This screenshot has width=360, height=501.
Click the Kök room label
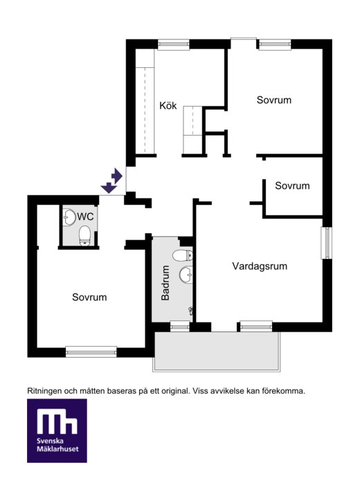(168, 105)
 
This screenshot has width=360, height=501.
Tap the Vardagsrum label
(260, 266)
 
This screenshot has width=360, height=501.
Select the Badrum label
(165, 283)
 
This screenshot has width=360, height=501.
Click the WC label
(85, 217)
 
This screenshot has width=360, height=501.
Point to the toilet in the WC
(84, 236)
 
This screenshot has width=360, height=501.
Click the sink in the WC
(69, 217)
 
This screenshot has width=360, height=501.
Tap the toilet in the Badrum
(183, 255)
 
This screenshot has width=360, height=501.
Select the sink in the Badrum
(186, 275)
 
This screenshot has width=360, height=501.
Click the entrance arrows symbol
(111, 181)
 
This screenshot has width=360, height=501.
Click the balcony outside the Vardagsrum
(217, 351)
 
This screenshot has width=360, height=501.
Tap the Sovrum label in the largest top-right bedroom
(274, 100)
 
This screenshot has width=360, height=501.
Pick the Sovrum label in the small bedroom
(292, 185)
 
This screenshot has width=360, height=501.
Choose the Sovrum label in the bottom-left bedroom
(89, 297)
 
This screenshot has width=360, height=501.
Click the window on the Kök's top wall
(174, 44)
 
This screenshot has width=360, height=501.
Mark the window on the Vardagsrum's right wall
(327, 243)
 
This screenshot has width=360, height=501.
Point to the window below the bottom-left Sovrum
(91, 352)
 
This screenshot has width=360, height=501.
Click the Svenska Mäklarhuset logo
(57, 430)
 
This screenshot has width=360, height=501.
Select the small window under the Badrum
(180, 326)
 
